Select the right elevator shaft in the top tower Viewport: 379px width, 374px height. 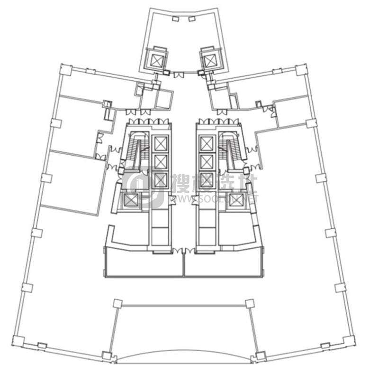(x=209, y=60)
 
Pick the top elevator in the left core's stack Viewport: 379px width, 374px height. (x=160, y=143)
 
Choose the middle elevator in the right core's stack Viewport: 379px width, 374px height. (x=207, y=161)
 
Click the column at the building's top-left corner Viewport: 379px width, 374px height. (x=65, y=70)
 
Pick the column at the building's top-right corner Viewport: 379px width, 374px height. (x=301, y=70)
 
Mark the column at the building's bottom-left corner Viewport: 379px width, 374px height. (x=18, y=340)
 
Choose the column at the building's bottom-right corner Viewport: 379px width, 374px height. (x=349, y=340)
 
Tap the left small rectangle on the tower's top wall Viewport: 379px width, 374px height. (x=175, y=19)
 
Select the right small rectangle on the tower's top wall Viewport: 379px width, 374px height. (x=191, y=19)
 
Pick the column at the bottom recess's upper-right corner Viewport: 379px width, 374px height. (x=250, y=303)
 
